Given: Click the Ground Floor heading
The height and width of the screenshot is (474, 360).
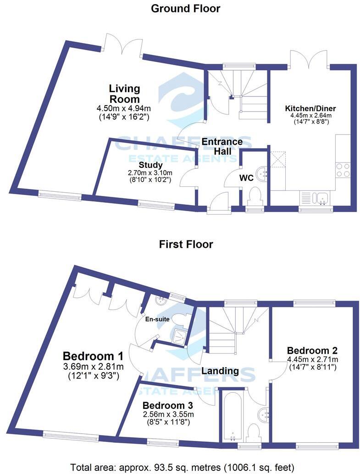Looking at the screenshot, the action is coord(185,8).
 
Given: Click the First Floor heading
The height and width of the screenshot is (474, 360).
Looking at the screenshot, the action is coord(186,244).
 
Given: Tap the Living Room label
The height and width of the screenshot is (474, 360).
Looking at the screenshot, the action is coord(124,94).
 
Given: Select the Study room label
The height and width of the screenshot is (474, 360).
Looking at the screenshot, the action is coord(150,165).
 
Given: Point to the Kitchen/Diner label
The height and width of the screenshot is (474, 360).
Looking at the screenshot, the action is coord(310,109).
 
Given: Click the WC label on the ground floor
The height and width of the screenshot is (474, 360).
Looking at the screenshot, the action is coord(246,178).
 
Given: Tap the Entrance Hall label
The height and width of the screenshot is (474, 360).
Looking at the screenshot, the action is coord(222,146).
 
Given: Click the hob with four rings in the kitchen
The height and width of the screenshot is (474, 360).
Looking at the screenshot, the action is coord(343,170).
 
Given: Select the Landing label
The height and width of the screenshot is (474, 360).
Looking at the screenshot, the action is coord(220,371).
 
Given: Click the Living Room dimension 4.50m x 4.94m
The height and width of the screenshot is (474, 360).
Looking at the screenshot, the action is coord(123,108).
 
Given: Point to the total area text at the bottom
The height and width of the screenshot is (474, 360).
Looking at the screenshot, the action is coord(182,467).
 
